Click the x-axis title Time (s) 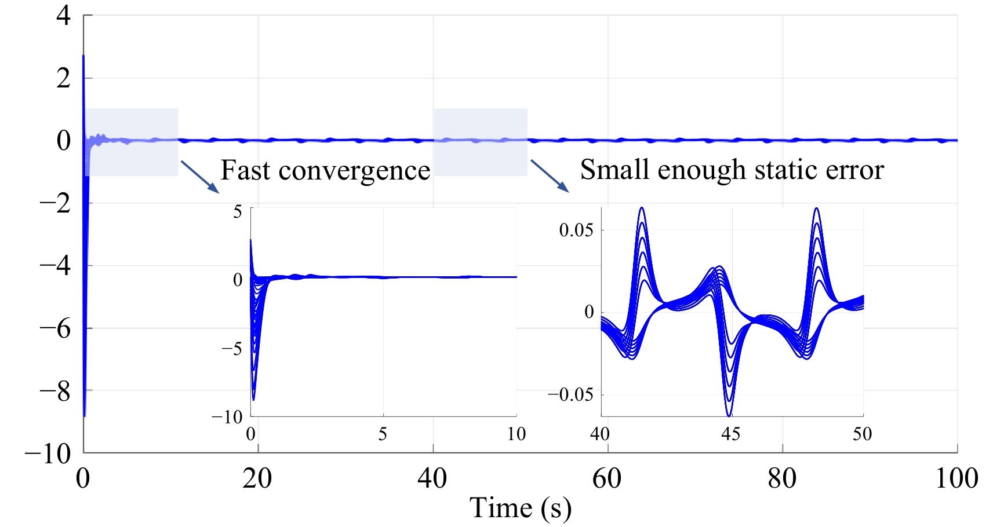pyautogui.click(x=520, y=508)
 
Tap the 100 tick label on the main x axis pyautogui.click(x=956, y=478)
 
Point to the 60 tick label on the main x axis pyautogui.click(x=607, y=478)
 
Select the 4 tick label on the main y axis pyautogui.click(x=63, y=16)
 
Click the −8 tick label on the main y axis pyautogui.click(x=54, y=391)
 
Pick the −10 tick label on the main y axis pyautogui.click(x=48, y=454)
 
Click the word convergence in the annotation pyautogui.click(x=354, y=171)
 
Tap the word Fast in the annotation pyautogui.click(x=245, y=171)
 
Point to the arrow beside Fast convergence pyautogui.click(x=200, y=177)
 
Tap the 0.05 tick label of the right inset pyautogui.click(x=576, y=230)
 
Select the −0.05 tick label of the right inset pyautogui.click(x=570, y=395)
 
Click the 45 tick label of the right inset pyautogui.click(x=730, y=434)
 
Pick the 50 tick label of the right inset pyautogui.click(x=862, y=434)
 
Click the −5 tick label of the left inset pyautogui.click(x=231, y=349)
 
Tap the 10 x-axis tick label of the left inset pyautogui.click(x=516, y=434)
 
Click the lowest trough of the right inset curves pyautogui.click(x=729, y=415)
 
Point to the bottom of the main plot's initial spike pyautogui.click(x=85, y=415)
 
